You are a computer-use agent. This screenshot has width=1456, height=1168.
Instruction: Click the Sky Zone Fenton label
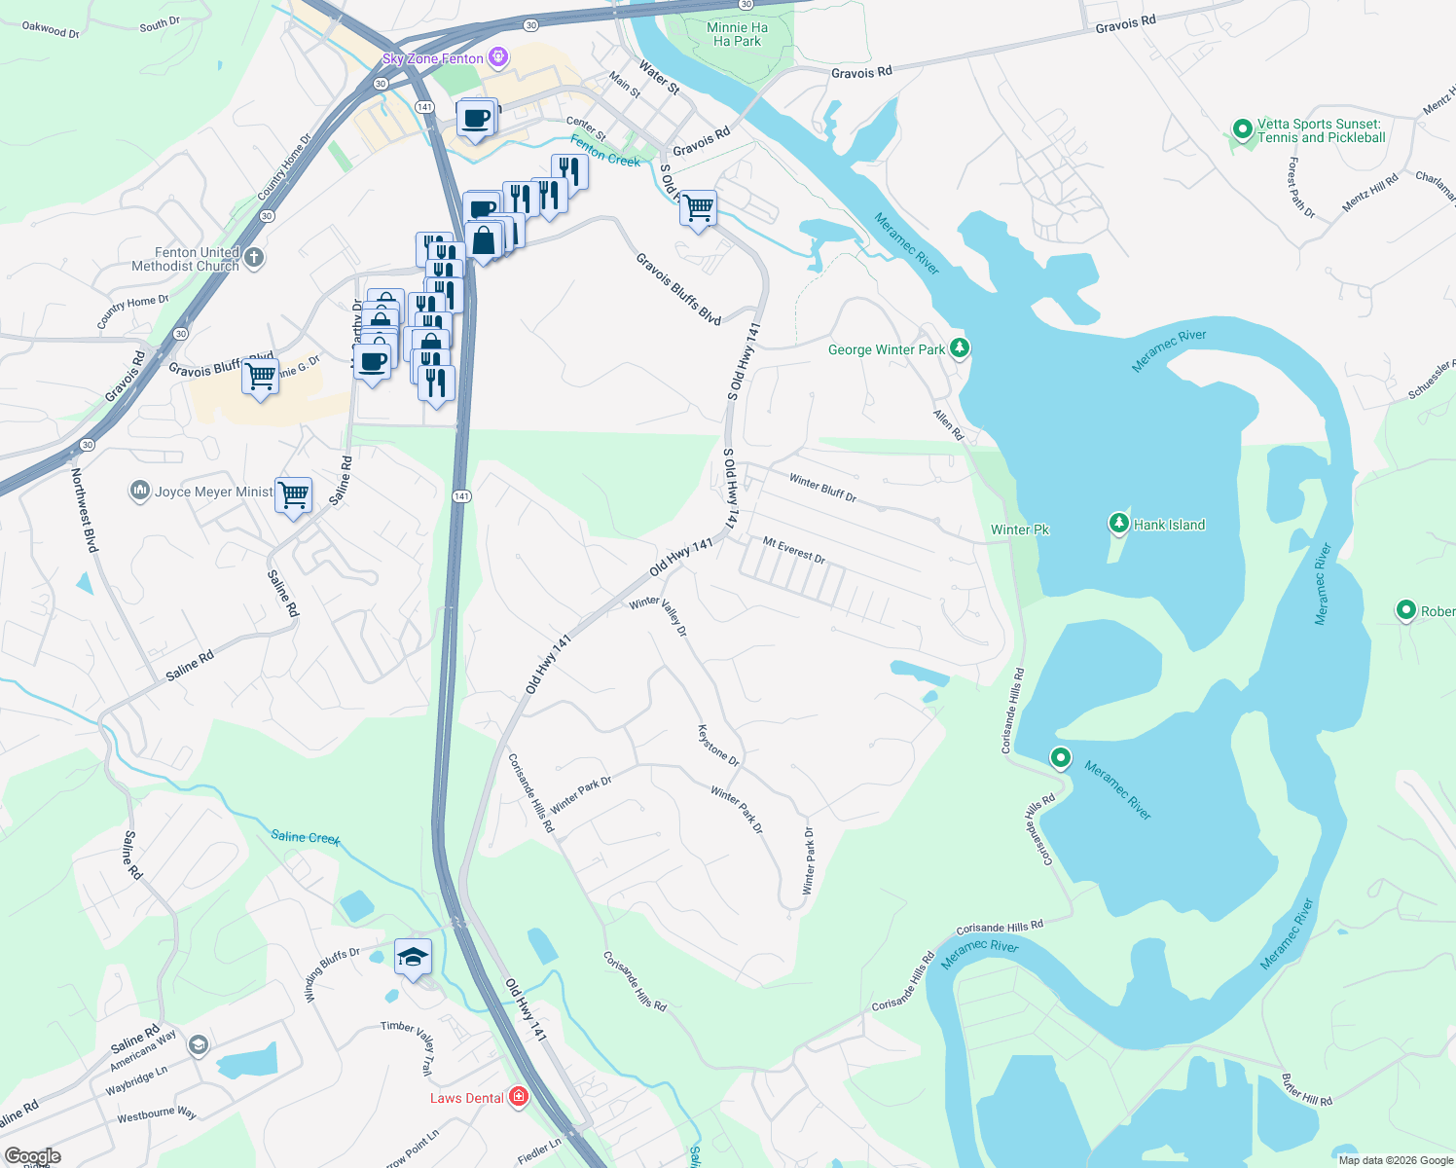(432, 58)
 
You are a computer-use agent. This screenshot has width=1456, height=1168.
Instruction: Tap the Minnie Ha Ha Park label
(737, 34)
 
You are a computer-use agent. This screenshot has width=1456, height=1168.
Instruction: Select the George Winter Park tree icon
(960, 347)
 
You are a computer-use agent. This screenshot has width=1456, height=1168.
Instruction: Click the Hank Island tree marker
(1119, 524)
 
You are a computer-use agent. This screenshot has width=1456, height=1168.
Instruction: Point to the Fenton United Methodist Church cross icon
(253, 258)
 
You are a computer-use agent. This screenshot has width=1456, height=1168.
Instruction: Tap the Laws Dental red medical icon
(519, 1098)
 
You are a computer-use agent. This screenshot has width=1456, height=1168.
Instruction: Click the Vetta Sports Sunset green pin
(1242, 128)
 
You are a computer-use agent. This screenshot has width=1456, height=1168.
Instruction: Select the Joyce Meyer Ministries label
(213, 492)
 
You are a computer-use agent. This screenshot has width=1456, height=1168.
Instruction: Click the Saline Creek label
(306, 837)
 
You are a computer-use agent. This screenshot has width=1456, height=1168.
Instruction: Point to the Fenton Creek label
(605, 152)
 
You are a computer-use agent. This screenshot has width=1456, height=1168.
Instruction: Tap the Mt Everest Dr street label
(793, 551)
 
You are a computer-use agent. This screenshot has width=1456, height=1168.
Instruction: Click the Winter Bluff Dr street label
(822, 488)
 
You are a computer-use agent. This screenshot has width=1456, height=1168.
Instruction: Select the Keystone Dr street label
(718, 746)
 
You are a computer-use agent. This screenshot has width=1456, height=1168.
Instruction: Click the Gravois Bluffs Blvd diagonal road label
(678, 288)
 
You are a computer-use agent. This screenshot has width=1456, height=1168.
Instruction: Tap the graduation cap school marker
(413, 957)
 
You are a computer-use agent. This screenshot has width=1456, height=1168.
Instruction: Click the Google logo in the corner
(33, 1156)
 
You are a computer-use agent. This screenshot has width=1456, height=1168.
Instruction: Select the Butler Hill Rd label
(1306, 1090)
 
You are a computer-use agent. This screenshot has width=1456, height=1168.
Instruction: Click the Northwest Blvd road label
(85, 510)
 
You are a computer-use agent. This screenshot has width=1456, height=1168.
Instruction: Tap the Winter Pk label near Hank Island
(1020, 529)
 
